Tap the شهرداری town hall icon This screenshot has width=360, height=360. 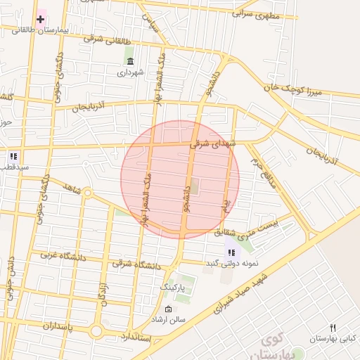[130, 60]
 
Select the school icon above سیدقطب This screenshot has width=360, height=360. [13, 156]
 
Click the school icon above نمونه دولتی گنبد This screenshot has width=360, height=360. [231, 252]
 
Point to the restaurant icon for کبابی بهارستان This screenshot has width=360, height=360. [333, 328]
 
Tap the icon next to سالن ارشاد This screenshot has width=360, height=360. [167, 309]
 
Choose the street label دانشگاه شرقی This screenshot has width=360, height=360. [136, 265]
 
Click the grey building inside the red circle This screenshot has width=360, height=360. [195, 187]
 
